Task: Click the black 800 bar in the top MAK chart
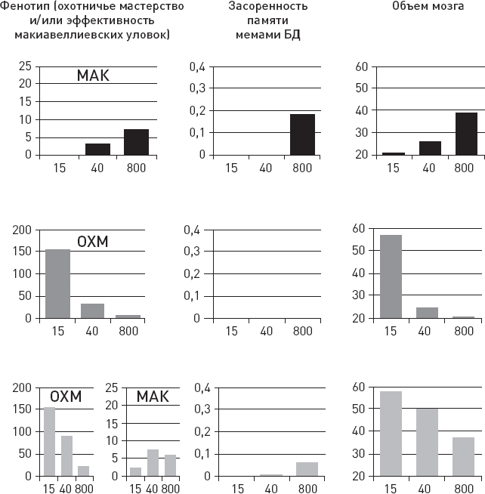coord(137,142)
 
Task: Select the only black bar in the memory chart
coord(301,134)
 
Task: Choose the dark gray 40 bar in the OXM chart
coord(93,310)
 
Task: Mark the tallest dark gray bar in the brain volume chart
coord(391,276)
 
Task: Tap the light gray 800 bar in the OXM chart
coord(83,471)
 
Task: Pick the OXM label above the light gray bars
coord(65,397)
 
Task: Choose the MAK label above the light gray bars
coord(153,397)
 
